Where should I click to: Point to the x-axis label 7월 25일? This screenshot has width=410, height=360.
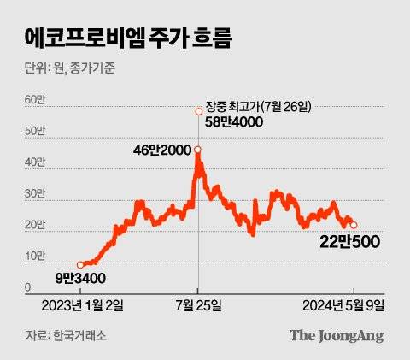tap(199, 305)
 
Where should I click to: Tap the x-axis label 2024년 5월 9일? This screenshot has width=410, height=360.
tap(338, 305)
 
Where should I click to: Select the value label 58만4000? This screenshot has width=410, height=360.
tap(233, 123)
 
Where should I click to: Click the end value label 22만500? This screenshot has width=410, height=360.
tap(351, 243)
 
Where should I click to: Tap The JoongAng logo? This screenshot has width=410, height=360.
tap(335, 335)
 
